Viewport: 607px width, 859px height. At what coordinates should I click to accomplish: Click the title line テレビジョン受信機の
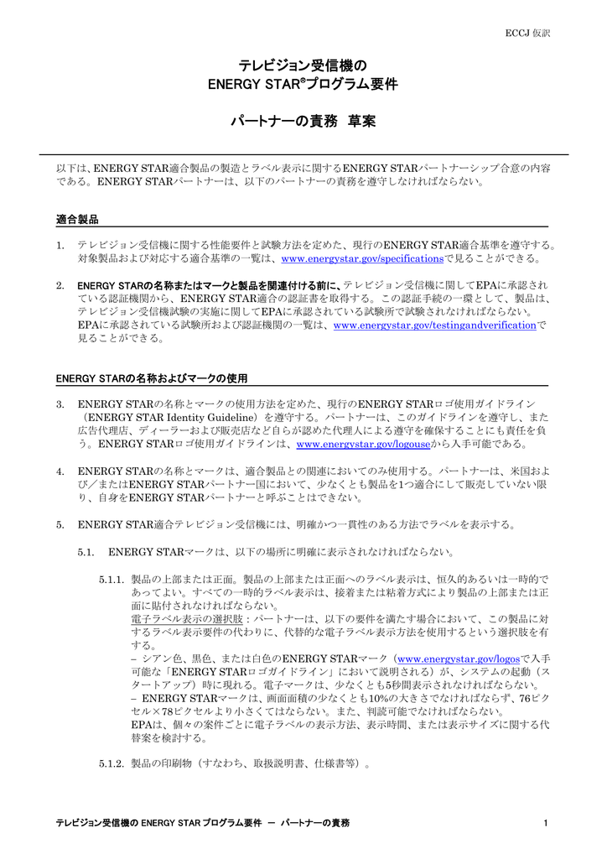303,65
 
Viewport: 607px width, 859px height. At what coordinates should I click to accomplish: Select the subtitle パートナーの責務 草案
303,122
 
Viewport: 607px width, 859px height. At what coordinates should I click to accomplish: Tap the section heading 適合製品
77,219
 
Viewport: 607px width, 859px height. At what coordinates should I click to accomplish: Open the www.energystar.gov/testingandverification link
434,325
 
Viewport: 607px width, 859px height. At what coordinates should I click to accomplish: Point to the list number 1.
60,245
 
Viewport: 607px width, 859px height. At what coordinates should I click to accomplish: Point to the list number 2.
60,285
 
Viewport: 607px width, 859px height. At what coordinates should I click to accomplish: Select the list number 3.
60,404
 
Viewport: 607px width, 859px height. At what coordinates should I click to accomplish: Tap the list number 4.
60,471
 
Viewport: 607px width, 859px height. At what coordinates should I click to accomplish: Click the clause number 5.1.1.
112,580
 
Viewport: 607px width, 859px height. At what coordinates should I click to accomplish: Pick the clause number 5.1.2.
112,764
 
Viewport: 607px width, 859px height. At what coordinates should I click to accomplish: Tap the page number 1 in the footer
546,823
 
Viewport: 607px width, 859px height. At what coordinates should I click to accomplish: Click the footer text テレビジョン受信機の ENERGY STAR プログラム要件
159,823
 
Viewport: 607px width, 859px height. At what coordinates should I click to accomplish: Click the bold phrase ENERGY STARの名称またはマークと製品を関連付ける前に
210,285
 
